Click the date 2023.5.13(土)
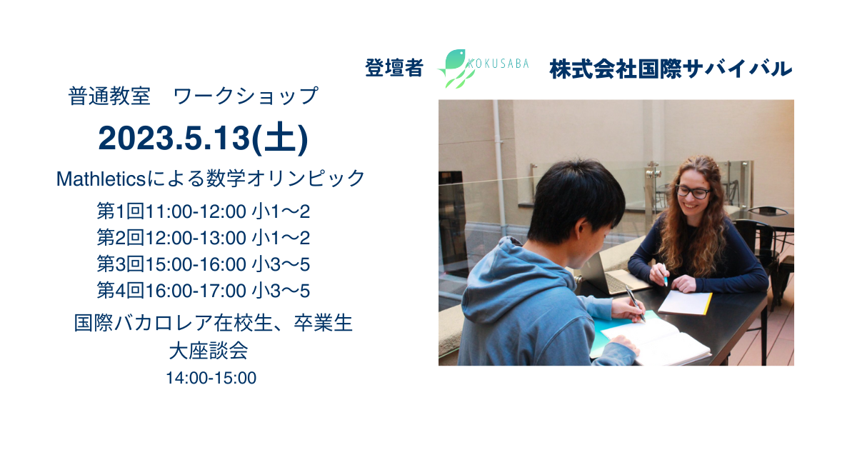pos(203,139)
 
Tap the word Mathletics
pos(101,179)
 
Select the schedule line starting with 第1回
pos(203,211)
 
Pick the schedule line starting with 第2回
pos(203,238)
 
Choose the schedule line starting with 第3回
pos(203,264)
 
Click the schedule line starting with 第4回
pos(203,291)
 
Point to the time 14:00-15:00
pos(211,378)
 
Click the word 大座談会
pos(209,351)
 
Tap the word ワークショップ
pos(246,96)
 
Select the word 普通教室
pos(109,96)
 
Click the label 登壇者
pos(394,68)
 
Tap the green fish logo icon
pos(456,68)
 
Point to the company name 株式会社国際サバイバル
pos(671,69)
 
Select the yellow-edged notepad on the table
pos(685,302)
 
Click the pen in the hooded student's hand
pos(635,303)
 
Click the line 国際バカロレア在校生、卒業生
pos(213,323)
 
